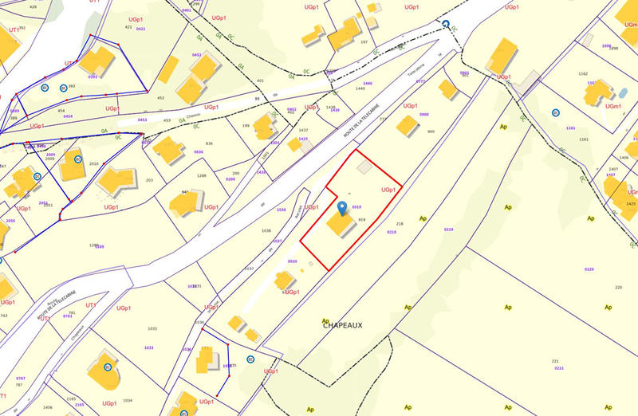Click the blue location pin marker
point(343,209)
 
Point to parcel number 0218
point(392,232)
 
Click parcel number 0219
point(448,230)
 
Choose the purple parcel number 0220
point(589,269)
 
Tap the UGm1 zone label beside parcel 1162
point(612,106)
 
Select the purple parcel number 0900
point(424,115)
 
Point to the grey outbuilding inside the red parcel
point(364,167)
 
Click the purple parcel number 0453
point(143,120)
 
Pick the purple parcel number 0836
point(199,151)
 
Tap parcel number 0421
point(141,29)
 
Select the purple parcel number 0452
point(197,55)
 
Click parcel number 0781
point(68,316)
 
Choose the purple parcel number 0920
point(293,261)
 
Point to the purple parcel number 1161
point(570,128)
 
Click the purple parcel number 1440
point(367,83)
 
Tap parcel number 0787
point(21,377)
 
